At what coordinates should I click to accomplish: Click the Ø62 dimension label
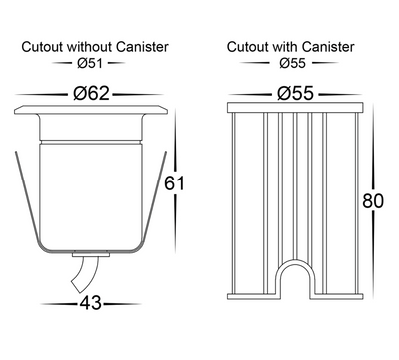point(91,93)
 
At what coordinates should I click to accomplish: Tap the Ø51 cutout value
point(89,63)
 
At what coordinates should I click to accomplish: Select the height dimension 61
point(174,183)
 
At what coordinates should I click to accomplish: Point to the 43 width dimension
point(90,303)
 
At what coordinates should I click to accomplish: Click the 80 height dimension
point(373,201)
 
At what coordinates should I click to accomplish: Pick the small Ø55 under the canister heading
point(292,63)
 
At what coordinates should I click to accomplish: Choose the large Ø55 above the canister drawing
point(295,93)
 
